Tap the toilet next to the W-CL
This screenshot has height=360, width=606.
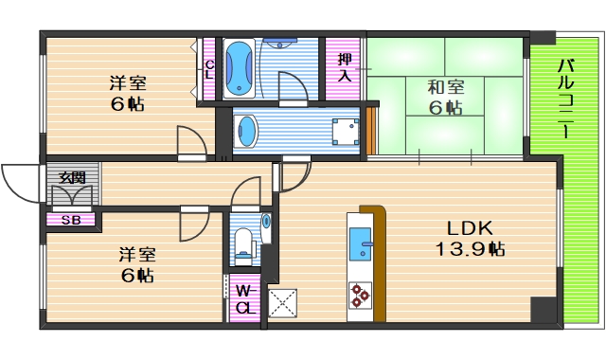click(x=244, y=243)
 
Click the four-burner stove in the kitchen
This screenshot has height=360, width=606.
click(x=361, y=296)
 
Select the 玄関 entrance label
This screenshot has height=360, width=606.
click(x=71, y=177)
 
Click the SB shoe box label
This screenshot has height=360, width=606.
click(x=70, y=220)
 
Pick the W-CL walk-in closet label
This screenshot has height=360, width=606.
click(x=244, y=298)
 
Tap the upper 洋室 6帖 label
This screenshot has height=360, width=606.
click(x=126, y=93)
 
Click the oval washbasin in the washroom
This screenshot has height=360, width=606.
click(x=245, y=131)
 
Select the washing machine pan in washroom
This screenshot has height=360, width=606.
click(x=344, y=130)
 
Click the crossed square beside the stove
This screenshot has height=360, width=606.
click(x=283, y=303)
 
